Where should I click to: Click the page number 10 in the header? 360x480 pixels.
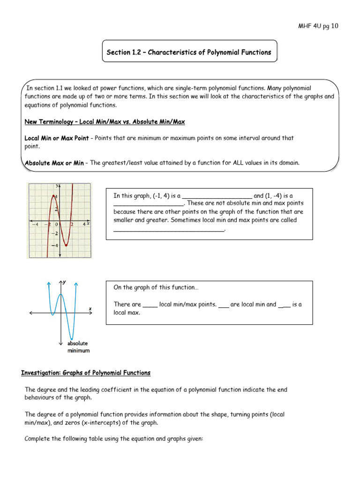(x=334, y=26)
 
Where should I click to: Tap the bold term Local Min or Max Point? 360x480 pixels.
(x=56, y=138)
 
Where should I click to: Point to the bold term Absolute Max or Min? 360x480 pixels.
(x=54, y=163)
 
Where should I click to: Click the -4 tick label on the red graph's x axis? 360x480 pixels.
(x=35, y=225)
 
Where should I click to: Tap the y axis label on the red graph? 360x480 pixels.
(x=57, y=186)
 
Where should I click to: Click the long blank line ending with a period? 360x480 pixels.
(x=169, y=229)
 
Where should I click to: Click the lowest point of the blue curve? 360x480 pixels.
(x=71, y=338)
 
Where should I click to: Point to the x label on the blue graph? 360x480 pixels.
(x=90, y=308)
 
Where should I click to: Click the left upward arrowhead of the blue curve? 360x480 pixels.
(x=49, y=284)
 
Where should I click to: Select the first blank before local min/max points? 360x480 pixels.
(x=150, y=305)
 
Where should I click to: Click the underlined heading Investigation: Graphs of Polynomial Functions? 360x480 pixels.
(x=86, y=373)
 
